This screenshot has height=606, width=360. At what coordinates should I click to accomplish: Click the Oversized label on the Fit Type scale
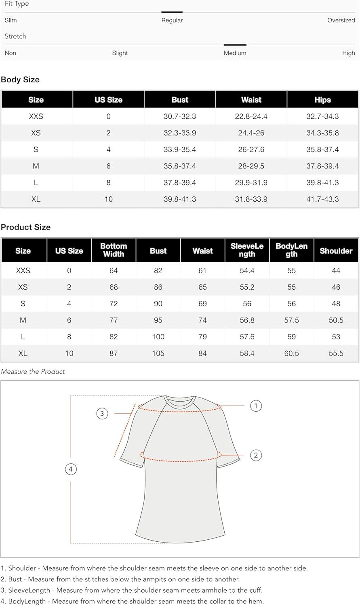coord(341,20)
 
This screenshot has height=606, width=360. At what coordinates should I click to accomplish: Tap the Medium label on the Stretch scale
coord(235,53)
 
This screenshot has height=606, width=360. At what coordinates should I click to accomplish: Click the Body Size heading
coord(20,80)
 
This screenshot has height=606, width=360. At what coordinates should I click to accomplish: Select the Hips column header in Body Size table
coord(322,100)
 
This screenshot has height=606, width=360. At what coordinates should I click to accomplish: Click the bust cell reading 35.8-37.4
coord(180,166)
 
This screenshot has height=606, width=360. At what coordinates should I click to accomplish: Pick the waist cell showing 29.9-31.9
coord(251,183)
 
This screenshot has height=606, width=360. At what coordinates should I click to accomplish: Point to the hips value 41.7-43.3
coord(322,199)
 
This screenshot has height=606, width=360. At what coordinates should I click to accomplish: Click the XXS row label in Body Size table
coord(36,116)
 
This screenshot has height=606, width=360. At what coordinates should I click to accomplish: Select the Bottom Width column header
coord(114,250)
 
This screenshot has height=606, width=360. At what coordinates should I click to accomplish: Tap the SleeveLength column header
coord(247,250)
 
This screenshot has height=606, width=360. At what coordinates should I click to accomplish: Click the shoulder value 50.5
coord(336,320)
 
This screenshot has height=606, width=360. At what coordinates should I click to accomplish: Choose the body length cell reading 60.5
coord(291,353)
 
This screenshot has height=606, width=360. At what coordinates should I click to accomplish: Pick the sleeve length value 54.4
coord(247,271)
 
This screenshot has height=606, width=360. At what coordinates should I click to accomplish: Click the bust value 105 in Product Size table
coord(158,353)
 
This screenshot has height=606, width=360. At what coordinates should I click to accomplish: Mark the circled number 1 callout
coord(256,406)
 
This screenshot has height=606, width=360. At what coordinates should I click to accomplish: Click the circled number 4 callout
coord(71,469)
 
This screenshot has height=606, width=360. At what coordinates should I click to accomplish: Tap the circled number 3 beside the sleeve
coord(102,413)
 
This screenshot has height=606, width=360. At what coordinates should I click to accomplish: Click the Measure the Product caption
coord(33,372)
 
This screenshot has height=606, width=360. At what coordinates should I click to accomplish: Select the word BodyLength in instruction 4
coord(27,602)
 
